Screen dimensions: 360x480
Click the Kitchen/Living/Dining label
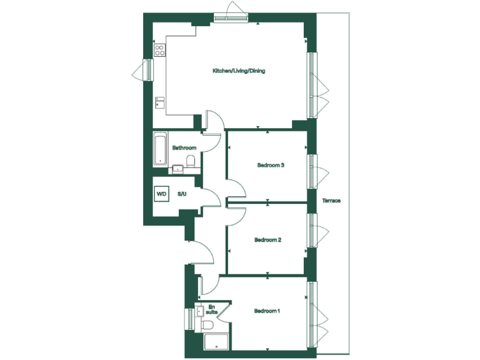coord(239,71)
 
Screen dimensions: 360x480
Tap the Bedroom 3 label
coord(271,166)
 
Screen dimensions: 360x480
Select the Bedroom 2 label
coord(268,239)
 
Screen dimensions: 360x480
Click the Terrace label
coord(331,201)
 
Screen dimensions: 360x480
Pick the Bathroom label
coord(184,148)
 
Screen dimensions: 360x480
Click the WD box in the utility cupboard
coord(162,194)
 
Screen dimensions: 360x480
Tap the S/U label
coord(182,194)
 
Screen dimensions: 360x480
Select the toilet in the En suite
coord(208,325)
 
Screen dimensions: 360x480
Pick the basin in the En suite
coord(199,309)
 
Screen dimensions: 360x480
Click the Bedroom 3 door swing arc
coord(234,187)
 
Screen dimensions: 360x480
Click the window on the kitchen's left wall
coord(148,69)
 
